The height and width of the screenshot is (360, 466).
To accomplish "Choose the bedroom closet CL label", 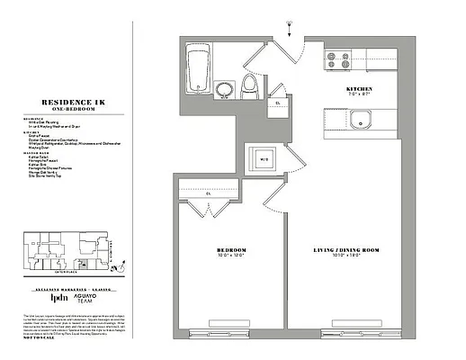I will pos(208,193).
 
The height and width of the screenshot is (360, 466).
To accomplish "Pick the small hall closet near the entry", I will pos(279,103).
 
